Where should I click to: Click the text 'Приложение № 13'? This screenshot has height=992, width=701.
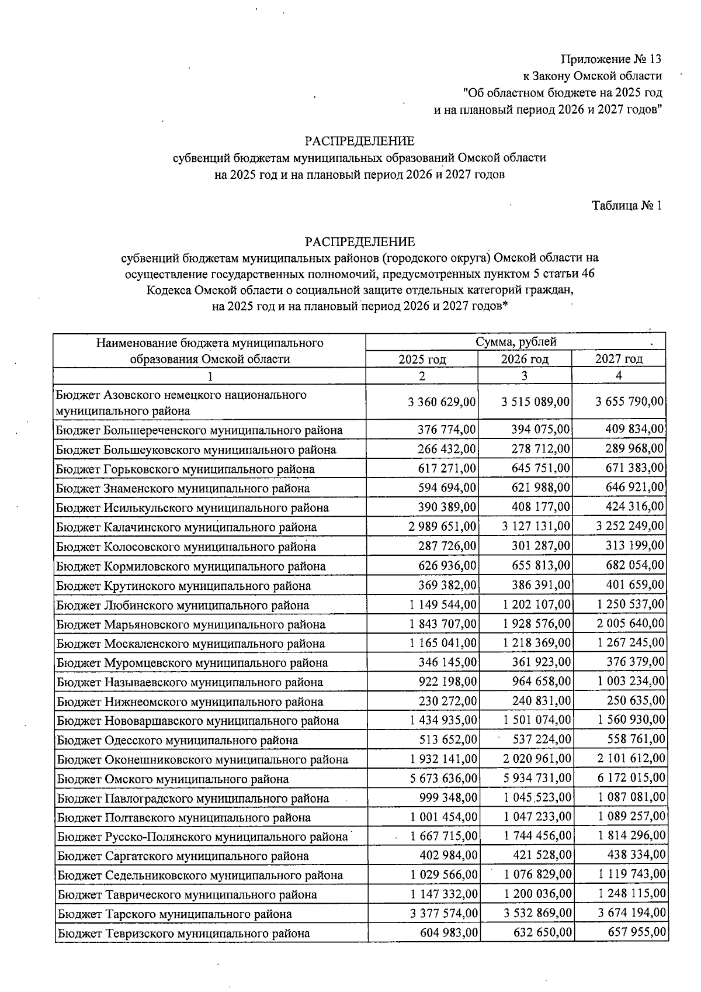(x=611, y=59)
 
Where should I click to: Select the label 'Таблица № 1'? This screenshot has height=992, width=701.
(x=627, y=206)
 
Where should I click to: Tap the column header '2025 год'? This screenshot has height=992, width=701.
(x=422, y=359)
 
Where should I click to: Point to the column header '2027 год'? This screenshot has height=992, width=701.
(x=619, y=359)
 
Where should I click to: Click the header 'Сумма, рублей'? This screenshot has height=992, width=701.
(x=516, y=342)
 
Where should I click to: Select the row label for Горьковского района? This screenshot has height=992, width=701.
(x=185, y=469)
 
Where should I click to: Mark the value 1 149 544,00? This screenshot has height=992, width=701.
(x=442, y=604)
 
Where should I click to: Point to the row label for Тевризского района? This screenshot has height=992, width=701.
(x=183, y=934)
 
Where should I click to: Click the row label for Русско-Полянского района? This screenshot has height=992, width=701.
(x=202, y=837)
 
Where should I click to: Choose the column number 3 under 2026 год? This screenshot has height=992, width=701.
(x=525, y=376)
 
